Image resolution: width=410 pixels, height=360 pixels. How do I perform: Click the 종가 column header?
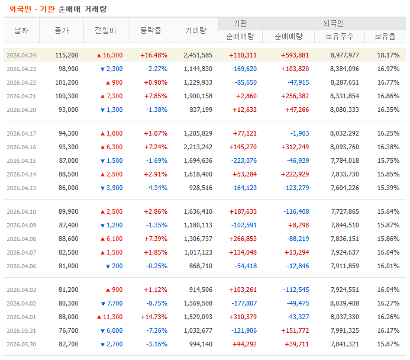pyautogui.click(x=62, y=30)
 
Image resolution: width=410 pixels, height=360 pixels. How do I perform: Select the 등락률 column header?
pyautogui.click(x=151, y=30)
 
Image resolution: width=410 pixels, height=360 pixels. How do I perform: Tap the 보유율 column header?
pyautogui.click(x=385, y=36)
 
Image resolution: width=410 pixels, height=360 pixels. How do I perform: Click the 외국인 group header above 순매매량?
pyautogui.click(x=334, y=23)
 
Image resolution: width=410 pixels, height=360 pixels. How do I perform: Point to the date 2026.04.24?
pyautogui.click(x=21, y=55)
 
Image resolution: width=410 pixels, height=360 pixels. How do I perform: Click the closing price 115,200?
pyautogui.click(x=66, y=55)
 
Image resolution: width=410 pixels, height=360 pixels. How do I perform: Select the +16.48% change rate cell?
pyautogui.click(x=154, y=55)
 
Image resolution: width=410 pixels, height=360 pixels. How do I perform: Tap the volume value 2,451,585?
pyautogui.click(x=198, y=55)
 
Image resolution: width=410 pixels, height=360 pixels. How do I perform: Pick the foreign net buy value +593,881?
pyautogui.click(x=294, y=55)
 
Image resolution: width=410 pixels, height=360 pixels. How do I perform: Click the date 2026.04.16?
pyautogui.click(x=21, y=147)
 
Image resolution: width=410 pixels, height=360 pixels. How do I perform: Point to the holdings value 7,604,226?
pyautogui.click(x=344, y=188)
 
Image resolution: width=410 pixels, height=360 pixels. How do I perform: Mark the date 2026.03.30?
pyautogui.click(x=21, y=344)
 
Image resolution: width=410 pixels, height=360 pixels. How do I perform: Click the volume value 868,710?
pyautogui.click(x=200, y=266)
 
